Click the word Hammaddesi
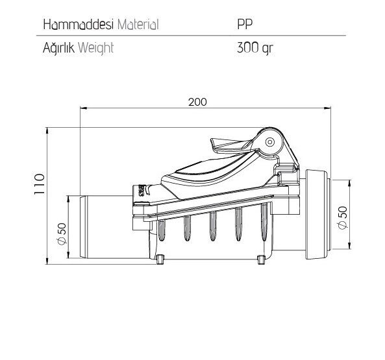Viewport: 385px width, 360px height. coord(79,24)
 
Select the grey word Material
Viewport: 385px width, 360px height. coord(138,24)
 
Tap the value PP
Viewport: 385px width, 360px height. coord(245,24)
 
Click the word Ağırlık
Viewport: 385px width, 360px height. coord(58,47)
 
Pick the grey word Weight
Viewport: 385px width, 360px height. coord(96,48)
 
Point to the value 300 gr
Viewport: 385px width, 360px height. coord(255,47)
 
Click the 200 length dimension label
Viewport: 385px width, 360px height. coord(197,102)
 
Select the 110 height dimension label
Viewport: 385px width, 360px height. coord(40,184)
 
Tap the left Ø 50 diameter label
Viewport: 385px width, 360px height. coord(62,234)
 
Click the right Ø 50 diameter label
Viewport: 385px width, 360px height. coord(343,217)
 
